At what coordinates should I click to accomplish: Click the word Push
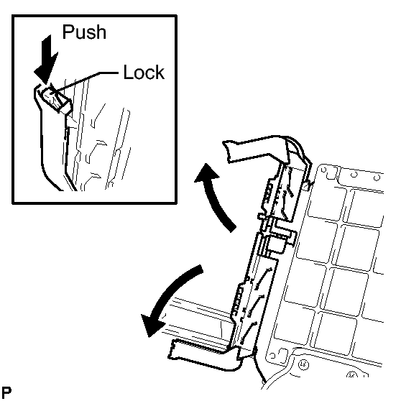pos(84,32)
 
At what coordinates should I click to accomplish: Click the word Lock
pos(144,72)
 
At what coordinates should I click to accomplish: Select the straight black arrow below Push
pos(46,60)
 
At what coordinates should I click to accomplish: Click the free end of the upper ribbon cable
pos(226,151)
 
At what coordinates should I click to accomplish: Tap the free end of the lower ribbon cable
pos(171,349)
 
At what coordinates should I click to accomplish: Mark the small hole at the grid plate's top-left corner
pos(324,170)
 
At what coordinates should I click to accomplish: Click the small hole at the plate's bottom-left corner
pos(272,356)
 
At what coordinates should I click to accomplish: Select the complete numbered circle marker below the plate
pos(303,364)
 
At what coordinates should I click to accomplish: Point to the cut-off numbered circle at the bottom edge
pos(352,374)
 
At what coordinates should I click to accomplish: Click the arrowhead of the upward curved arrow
pos(206,173)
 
